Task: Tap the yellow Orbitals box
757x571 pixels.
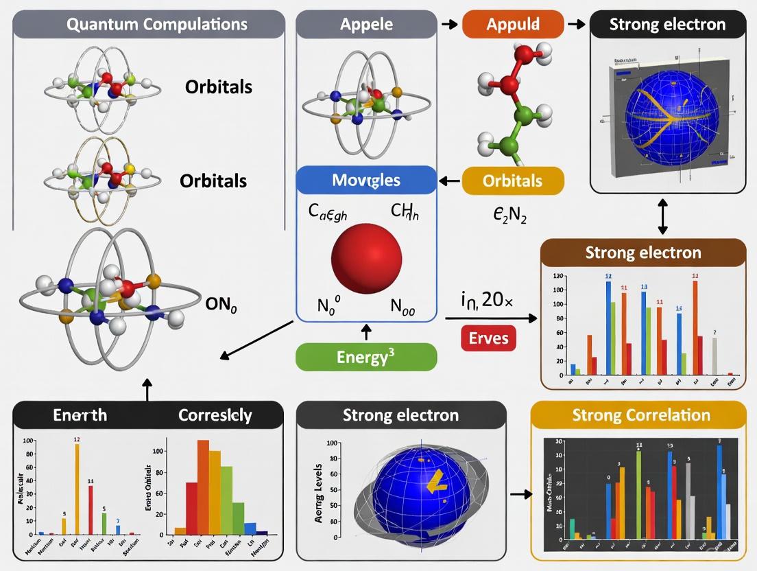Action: point(513,181)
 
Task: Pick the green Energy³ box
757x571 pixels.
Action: point(366,357)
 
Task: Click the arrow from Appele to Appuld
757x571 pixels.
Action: point(448,25)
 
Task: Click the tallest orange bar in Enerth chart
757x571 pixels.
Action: point(77,487)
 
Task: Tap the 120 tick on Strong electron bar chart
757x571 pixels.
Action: point(557,276)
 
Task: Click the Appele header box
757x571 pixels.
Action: point(366,25)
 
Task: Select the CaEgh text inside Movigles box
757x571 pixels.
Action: point(328,213)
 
